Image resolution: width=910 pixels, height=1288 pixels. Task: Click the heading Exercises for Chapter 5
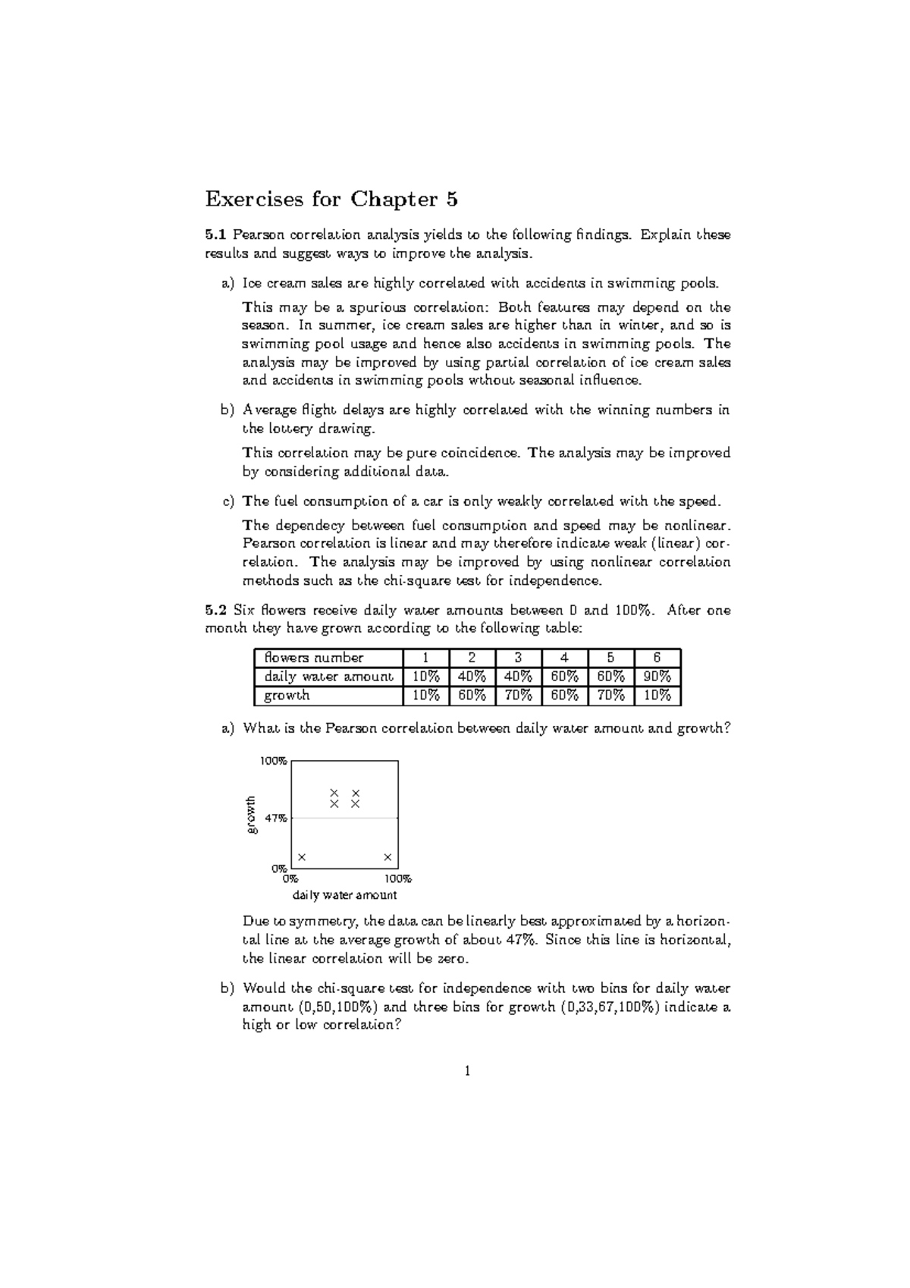tap(331, 199)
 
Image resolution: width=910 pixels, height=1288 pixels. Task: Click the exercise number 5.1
tap(215, 234)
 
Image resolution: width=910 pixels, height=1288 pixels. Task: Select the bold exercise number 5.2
tap(215, 610)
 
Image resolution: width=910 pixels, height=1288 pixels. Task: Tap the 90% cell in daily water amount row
tap(657, 677)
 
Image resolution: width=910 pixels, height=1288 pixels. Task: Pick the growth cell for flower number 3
tap(518, 696)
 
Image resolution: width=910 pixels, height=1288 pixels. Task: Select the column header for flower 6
tap(657, 658)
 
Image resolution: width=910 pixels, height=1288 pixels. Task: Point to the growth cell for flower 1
tap(425, 696)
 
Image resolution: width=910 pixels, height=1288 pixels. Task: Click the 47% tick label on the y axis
tap(275, 818)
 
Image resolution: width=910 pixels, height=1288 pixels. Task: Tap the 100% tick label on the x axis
tap(397, 879)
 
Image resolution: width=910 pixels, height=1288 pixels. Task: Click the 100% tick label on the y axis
tap(274, 761)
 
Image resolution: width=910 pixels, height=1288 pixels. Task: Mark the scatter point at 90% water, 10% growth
tap(388, 857)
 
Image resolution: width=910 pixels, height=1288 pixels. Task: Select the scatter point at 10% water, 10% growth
tap(302, 857)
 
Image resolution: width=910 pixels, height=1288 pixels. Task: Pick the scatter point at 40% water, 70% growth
tap(334, 793)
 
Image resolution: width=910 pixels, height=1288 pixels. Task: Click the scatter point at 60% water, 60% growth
tap(356, 803)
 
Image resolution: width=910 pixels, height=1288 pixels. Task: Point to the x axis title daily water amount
tap(344, 895)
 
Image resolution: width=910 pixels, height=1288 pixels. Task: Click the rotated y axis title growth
tap(252, 815)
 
